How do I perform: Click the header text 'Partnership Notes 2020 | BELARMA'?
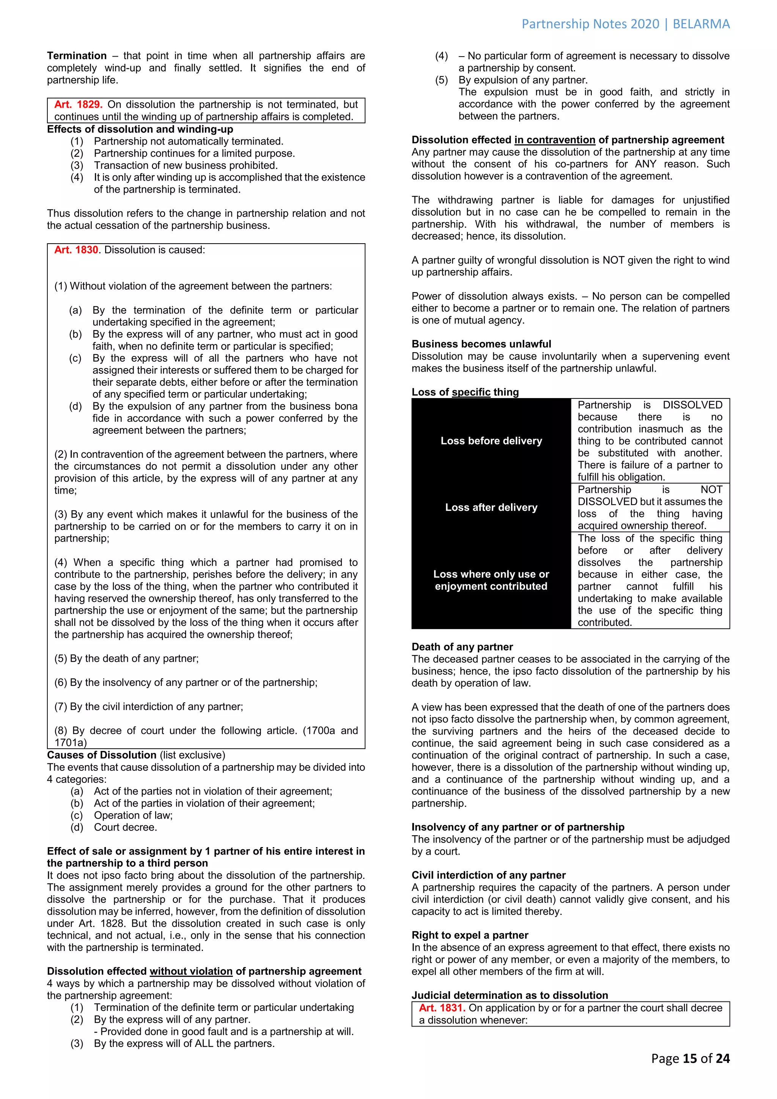pos(625,24)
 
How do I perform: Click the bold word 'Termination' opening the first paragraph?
pos(77,56)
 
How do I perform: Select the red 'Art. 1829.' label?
pos(78,105)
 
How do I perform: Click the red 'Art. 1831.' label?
pos(442,1008)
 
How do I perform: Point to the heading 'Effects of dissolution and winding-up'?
pos(140,129)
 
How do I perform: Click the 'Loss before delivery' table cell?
pos(491,441)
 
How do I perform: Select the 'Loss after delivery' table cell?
pos(491,507)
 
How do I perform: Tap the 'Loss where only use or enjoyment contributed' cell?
pos(491,580)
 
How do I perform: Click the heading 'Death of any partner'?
pos(462,647)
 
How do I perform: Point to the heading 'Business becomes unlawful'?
pos(481,344)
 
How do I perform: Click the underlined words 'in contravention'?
pos(555,140)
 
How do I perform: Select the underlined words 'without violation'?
pos(191,971)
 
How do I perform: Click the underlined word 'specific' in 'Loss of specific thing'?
pos(471,392)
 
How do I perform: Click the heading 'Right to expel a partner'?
pos(470,935)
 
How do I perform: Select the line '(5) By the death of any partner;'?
pos(126,659)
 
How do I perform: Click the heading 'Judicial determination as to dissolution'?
pos(510,995)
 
